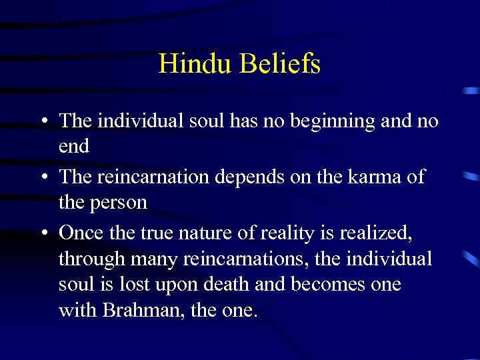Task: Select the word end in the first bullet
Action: [x=73, y=147]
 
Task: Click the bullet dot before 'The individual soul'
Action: [x=42, y=122]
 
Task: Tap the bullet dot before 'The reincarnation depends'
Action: [x=42, y=178]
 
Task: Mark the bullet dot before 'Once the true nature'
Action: [x=42, y=233]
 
